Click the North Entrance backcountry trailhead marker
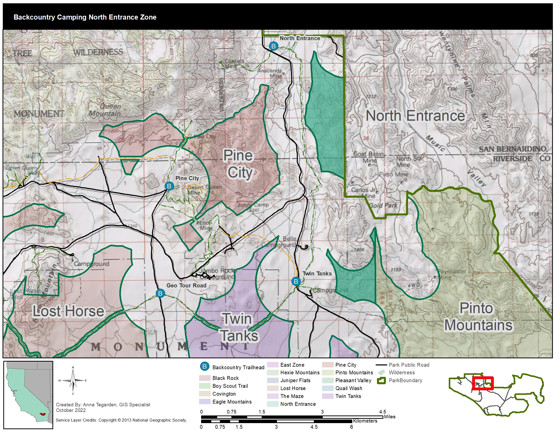click(x=273, y=46)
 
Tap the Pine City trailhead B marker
click(x=169, y=186)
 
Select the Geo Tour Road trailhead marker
click(x=160, y=293)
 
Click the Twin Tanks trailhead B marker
click(x=296, y=281)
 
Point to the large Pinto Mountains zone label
click(x=478, y=317)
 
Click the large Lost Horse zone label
click(x=68, y=311)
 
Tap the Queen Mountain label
click(x=105, y=110)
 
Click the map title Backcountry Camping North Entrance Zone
click(x=85, y=17)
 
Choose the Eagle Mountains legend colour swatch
click(x=205, y=402)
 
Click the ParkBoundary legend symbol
click(x=381, y=381)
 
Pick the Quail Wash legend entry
click(x=348, y=388)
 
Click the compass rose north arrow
click(x=73, y=381)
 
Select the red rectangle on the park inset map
click(x=483, y=383)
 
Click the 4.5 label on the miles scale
click(x=382, y=412)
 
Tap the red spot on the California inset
click(x=42, y=414)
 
